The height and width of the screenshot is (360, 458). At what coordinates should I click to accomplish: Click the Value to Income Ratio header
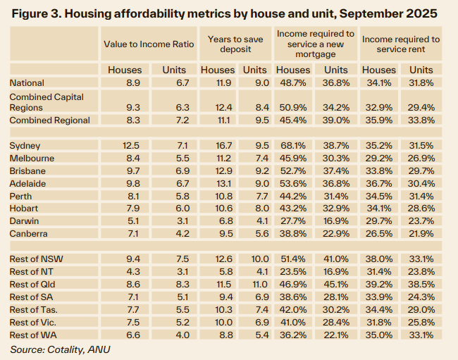tap(149, 44)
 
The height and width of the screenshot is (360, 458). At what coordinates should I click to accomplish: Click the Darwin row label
tap(25, 221)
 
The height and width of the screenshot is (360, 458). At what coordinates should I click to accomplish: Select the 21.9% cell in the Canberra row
tap(421, 234)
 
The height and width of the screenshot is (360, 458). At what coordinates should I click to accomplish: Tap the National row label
tap(27, 83)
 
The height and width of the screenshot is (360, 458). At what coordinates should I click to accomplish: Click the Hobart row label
tap(24, 209)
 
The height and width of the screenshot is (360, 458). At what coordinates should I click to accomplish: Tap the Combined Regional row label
tap(49, 120)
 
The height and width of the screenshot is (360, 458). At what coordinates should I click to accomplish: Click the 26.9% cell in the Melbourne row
tap(421, 158)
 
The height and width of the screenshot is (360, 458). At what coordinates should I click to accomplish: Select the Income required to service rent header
tap(401, 44)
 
